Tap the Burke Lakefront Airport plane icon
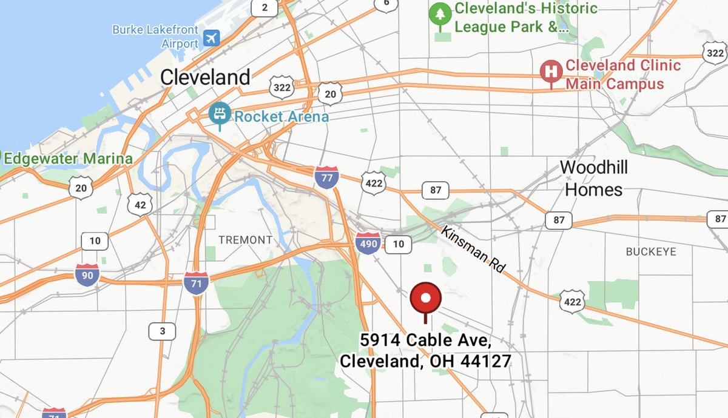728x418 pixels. (x=212, y=38)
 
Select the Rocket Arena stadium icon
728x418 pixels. (x=218, y=114)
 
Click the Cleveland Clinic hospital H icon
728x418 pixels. (x=551, y=71)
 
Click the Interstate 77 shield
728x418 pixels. (x=326, y=176)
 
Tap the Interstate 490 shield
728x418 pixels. (x=368, y=244)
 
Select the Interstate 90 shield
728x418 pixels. (x=87, y=274)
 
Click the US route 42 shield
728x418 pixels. (x=140, y=205)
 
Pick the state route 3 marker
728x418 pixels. (x=162, y=331)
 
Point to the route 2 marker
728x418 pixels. (x=264, y=7)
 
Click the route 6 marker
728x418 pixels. (x=386, y=3)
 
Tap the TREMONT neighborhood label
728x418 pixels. (x=246, y=240)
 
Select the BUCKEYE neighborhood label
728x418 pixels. (x=650, y=251)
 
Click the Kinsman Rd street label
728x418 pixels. (x=473, y=249)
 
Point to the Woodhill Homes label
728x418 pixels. (x=594, y=178)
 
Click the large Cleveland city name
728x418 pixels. (x=205, y=77)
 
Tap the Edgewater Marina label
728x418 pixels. (x=68, y=159)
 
